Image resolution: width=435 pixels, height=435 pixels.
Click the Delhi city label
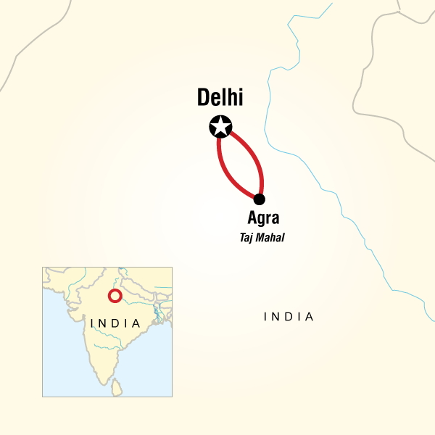[x=221, y=99]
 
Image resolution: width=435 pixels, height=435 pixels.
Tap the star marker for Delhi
[x=220, y=127]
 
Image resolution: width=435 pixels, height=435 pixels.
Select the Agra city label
[x=262, y=217]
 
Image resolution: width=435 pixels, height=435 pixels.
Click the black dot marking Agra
[x=259, y=199]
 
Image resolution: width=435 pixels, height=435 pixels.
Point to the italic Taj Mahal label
[x=261, y=236]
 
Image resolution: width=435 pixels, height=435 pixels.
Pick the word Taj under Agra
[x=245, y=236]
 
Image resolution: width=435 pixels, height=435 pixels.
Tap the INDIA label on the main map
[x=289, y=317]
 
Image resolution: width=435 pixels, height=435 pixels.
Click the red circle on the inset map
[x=114, y=296]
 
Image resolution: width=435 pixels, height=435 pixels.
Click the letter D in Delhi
[x=204, y=99]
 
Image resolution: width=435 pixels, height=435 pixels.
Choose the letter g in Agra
[x=260, y=219]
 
